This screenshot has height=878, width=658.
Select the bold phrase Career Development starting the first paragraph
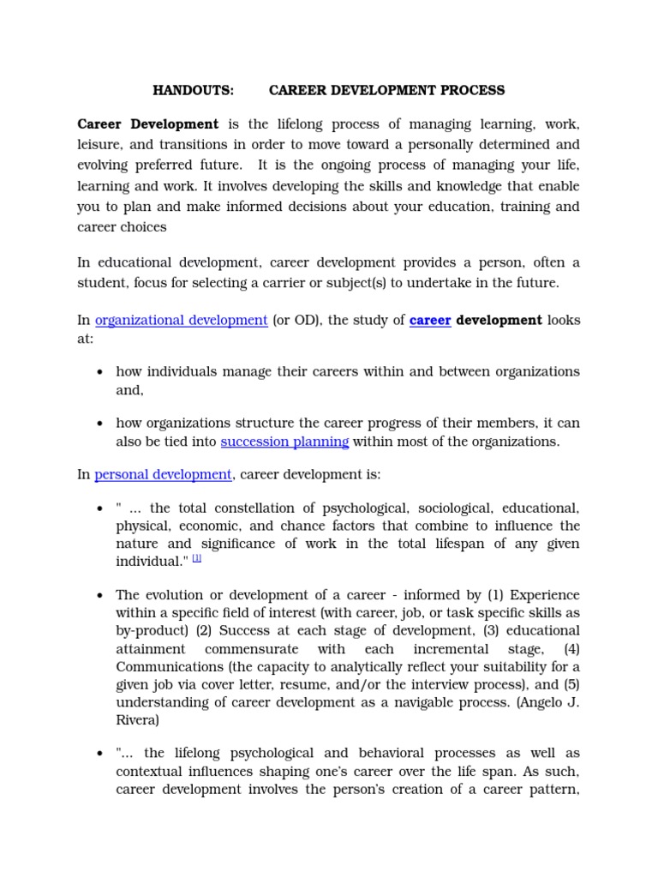click(x=148, y=124)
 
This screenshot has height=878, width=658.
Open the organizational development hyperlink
click(x=182, y=321)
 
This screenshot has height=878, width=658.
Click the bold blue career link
click(x=430, y=321)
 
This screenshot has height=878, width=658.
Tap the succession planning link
click(x=284, y=442)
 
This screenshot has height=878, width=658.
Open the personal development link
click(x=163, y=474)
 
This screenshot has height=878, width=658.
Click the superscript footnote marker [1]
click(x=197, y=558)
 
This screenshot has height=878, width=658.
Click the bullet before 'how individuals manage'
click(x=100, y=372)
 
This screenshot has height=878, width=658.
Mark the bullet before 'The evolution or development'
click(x=100, y=596)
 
